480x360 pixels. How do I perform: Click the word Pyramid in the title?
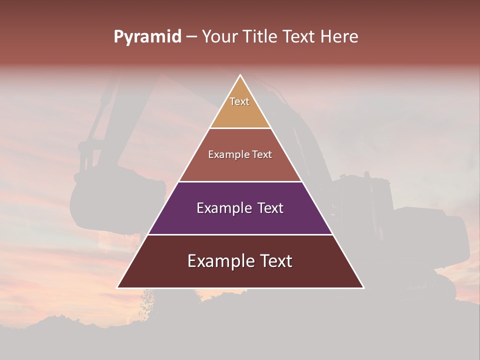(x=147, y=37)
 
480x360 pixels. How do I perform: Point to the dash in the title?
(x=191, y=37)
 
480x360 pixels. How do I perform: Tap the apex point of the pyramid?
(x=240, y=75)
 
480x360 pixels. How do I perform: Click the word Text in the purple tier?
(x=270, y=208)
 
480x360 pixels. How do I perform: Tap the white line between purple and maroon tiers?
(x=240, y=234)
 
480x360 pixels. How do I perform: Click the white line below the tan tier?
(x=240, y=128)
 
